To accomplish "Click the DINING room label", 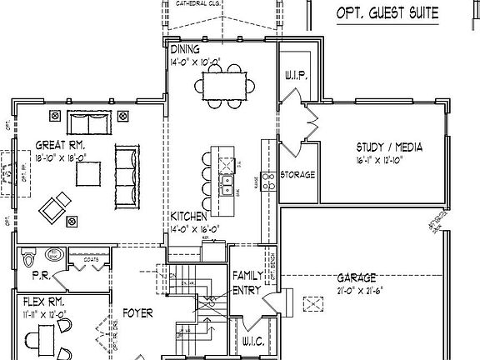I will (185, 49).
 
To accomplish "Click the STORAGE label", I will (297, 175).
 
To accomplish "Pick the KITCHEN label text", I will (188, 215).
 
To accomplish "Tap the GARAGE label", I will (357, 277).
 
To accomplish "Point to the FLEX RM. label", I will (40, 300).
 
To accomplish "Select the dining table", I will (221, 84).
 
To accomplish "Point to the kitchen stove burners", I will (268, 181).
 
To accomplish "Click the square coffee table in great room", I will (88, 172).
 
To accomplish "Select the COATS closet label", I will (92, 259).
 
